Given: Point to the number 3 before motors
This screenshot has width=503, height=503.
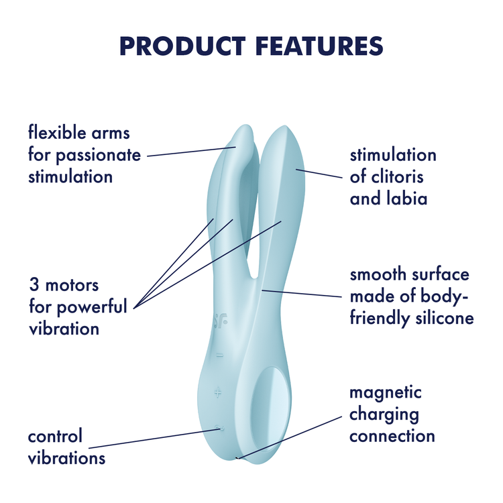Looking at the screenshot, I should pyautogui.click(x=33, y=285).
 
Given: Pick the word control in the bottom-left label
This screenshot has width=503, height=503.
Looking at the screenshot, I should pyautogui.click(x=55, y=437).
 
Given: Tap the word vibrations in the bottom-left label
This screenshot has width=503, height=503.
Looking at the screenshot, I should pyautogui.click(x=66, y=459).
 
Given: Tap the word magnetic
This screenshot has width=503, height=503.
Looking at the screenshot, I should pyautogui.click(x=386, y=392).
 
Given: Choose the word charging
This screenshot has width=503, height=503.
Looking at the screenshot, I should pyautogui.click(x=384, y=414).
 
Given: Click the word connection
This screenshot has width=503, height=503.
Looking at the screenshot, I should pyautogui.click(x=392, y=436).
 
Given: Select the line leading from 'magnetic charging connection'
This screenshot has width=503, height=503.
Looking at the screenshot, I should pyautogui.click(x=295, y=435).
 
